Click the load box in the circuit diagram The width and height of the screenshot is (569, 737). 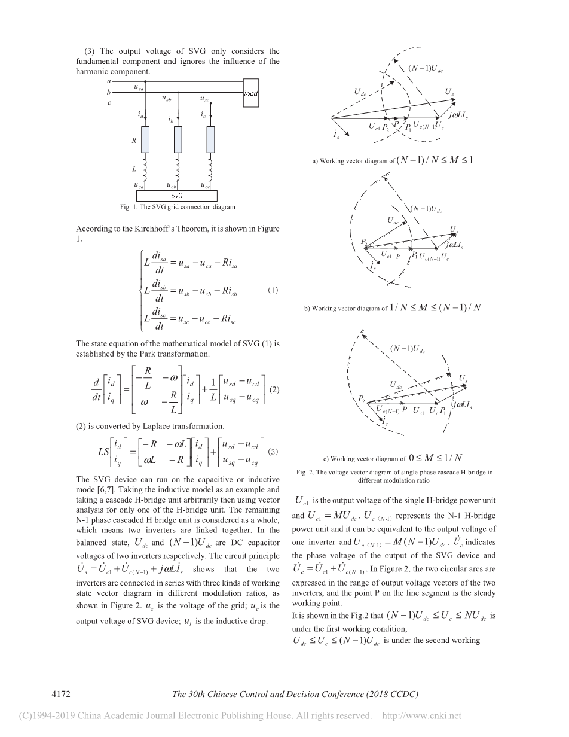[251, 93]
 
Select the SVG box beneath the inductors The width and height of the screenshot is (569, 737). [176, 196]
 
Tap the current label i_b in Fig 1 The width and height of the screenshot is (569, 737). [171, 120]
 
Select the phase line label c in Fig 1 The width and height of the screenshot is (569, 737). [109, 103]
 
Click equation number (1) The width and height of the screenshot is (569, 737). [273, 291]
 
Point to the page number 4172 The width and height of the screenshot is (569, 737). [63, 695]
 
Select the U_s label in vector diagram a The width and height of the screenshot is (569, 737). [449, 91]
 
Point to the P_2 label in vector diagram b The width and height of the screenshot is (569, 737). [364, 241]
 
